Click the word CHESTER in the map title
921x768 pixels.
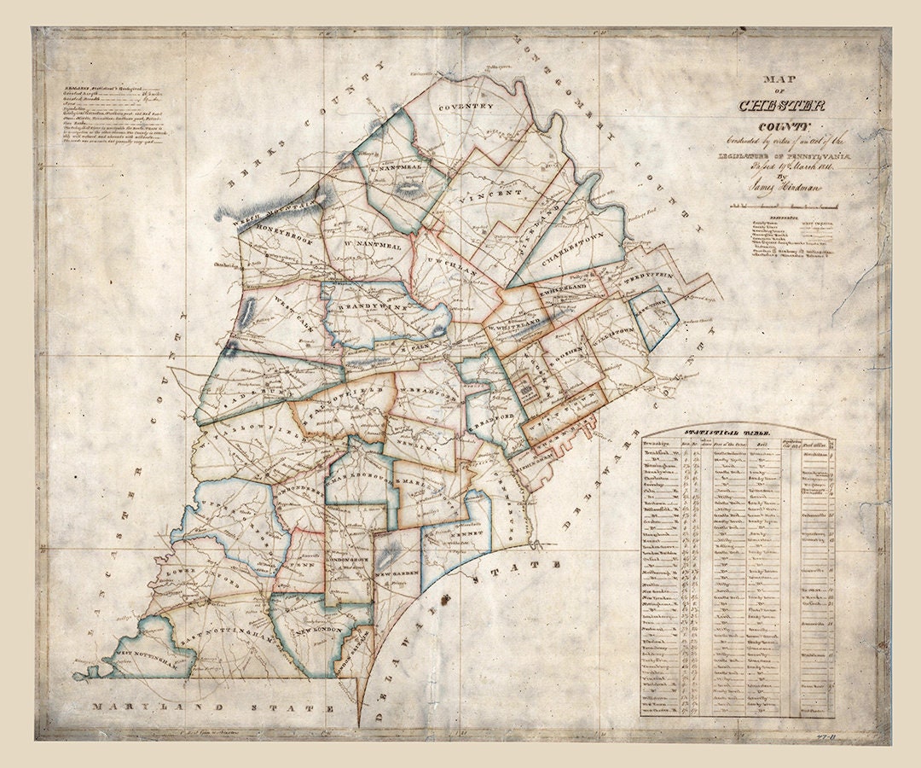click(781, 106)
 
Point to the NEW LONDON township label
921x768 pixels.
click(319, 632)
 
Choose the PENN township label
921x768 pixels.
click(304, 564)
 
